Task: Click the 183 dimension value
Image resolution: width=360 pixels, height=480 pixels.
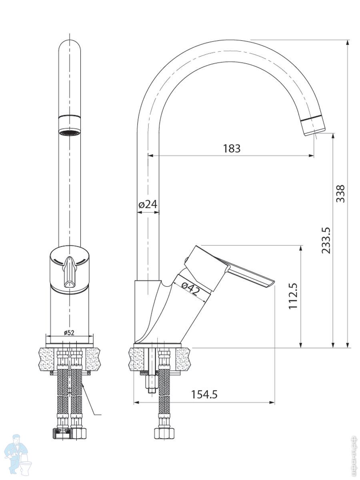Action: [x=232, y=148]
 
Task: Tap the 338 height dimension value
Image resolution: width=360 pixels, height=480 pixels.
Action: [x=340, y=193]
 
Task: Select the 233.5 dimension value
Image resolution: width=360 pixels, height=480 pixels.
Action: [x=326, y=240]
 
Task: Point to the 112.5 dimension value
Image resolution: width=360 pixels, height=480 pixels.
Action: [x=294, y=296]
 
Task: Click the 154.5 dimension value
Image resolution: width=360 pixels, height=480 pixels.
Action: [x=204, y=394]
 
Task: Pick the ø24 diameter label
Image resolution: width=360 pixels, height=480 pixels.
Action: [x=148, y=204]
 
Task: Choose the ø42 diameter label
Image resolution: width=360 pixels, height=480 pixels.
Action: [x=190, y=288]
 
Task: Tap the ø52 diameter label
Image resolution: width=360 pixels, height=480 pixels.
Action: [x=69, y=332]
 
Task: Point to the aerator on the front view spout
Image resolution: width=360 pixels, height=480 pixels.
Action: [x=69, y=131]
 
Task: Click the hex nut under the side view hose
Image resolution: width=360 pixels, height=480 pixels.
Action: [x=164, y=434]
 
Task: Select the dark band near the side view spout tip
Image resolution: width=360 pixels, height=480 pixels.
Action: [x=313, y=119]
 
